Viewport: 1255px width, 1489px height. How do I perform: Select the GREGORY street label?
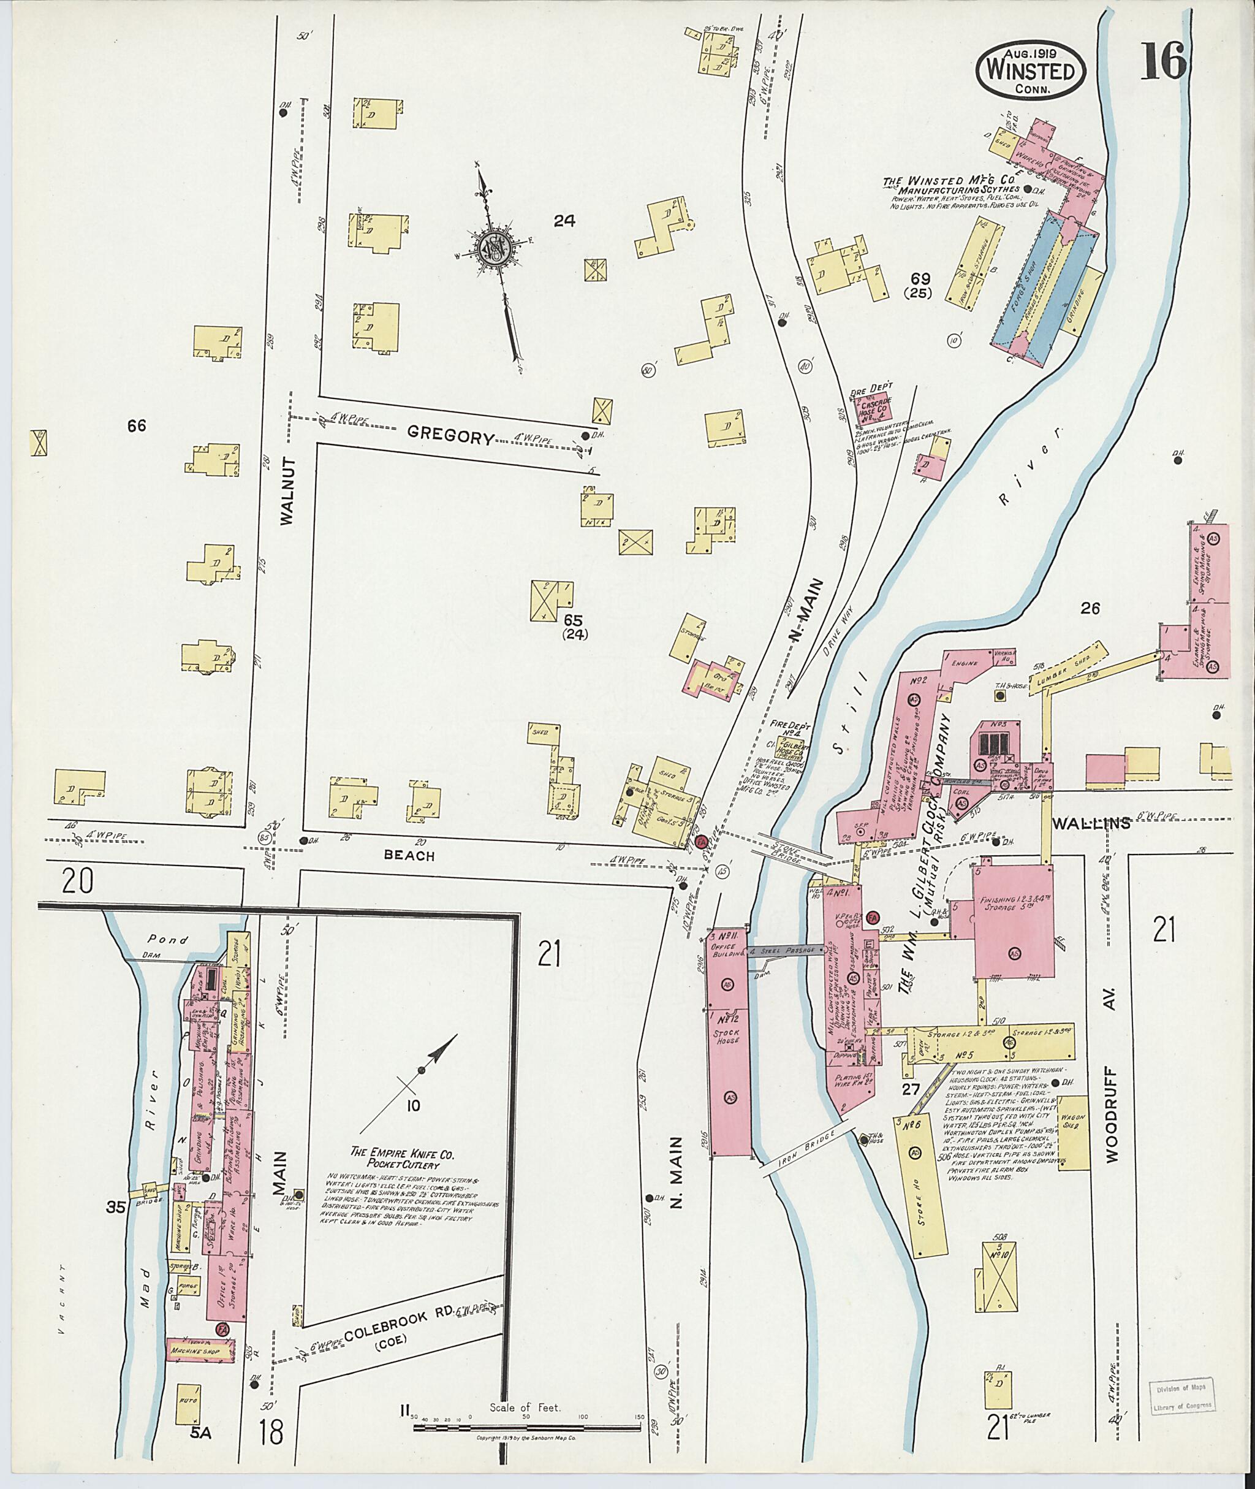[x=451, y=437]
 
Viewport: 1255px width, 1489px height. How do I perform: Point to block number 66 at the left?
[x=137, y=425]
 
